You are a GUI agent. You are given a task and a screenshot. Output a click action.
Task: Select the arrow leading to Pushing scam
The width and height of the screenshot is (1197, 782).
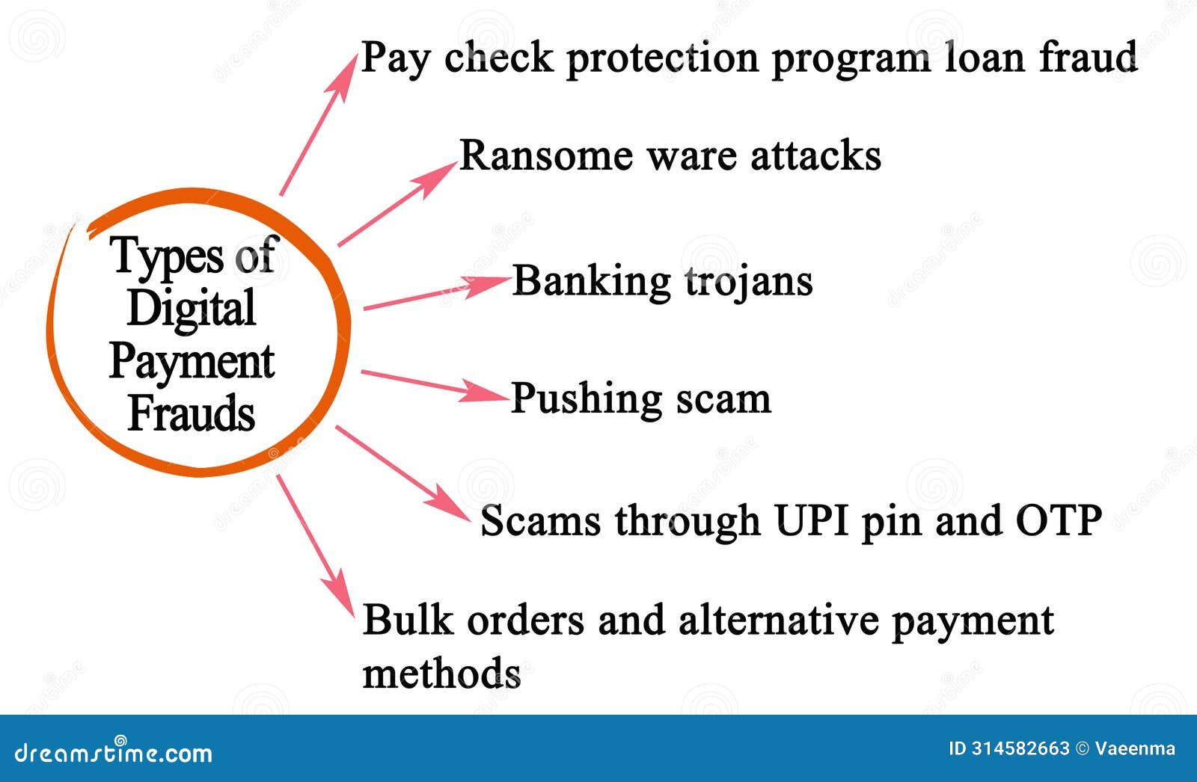click(x=434, y=383)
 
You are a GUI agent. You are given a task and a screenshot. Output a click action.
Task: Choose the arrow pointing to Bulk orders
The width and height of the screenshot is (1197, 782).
click(x=315, y=545)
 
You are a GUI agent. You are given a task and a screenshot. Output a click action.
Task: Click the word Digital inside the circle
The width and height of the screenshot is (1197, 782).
click(x=192, y=309)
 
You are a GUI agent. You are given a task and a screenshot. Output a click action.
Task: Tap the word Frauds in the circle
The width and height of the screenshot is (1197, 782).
click(x=192, y=413)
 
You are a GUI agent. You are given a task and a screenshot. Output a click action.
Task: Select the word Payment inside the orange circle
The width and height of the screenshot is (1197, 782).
click(x=192, y=362)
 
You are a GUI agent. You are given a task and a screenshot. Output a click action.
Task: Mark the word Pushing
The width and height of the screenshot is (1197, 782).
click(x=575, y=399)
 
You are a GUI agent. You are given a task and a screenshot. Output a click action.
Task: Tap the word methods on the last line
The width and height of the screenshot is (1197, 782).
click(x=441, y=673)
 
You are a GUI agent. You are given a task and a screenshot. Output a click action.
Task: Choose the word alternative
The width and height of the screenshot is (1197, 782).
click(x=778, y=620)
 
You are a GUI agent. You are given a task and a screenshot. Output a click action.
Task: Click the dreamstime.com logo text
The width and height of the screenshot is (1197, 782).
click(x=113, y=752)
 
